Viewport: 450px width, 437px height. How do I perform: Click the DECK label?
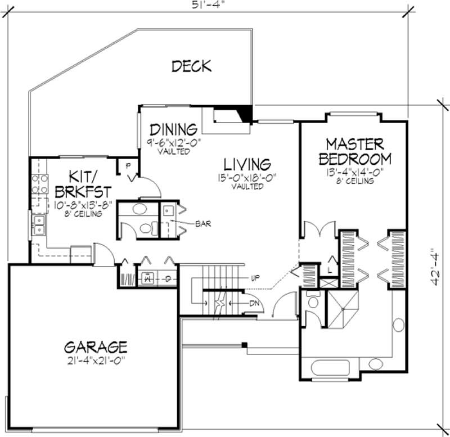click(x=191, y=66)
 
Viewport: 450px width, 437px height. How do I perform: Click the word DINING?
click(x=173, y=128)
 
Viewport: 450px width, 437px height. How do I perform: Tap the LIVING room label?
click(x=247, y=164)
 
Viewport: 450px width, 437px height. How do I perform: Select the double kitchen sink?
click(x=39, y=225)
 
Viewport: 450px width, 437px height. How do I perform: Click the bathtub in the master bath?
click(x=332, y=368)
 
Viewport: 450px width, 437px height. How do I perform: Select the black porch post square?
click(x=244, y=344)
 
